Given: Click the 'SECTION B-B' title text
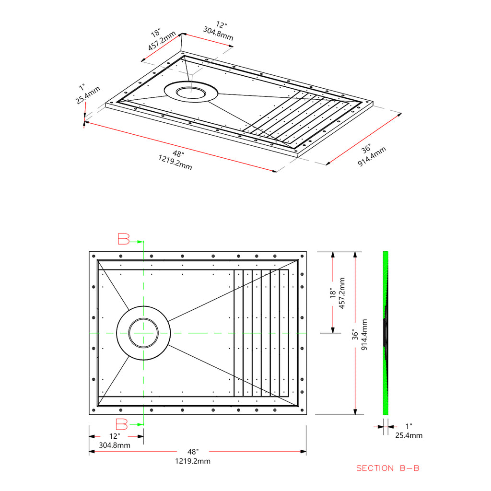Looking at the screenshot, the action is (x=387, y=468).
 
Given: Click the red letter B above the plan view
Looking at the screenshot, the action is (x=123, y=239).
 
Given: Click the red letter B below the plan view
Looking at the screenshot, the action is (x=122, y=424).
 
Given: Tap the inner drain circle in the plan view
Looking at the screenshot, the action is (x=143, y=333).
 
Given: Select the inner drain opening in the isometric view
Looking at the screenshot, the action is (x=191, y=93).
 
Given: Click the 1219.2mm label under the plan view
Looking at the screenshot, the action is (x=193, y=461).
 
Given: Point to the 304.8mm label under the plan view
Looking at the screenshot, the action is (x=115, y=445).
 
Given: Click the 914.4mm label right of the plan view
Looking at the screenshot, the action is (x=364, y=334).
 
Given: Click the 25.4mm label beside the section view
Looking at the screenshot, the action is (x=409, y=435).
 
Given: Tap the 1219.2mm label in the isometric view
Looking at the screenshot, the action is (x=175, y=162).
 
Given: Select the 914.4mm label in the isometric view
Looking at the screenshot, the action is (x=372, y=157).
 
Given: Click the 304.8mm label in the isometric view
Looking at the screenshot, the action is (x=218, y=34).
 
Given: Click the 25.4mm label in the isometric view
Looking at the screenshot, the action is (x=88, y=95).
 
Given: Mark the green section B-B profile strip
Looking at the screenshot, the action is (x=386, y=333).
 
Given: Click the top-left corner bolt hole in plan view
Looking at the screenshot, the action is (x=94, y=256).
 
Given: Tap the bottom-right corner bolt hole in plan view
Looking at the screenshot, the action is (x=302, y=410).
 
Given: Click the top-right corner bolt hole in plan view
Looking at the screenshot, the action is (x=302, y=256).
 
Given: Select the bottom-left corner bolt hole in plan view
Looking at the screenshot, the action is (x=94, y=410).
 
